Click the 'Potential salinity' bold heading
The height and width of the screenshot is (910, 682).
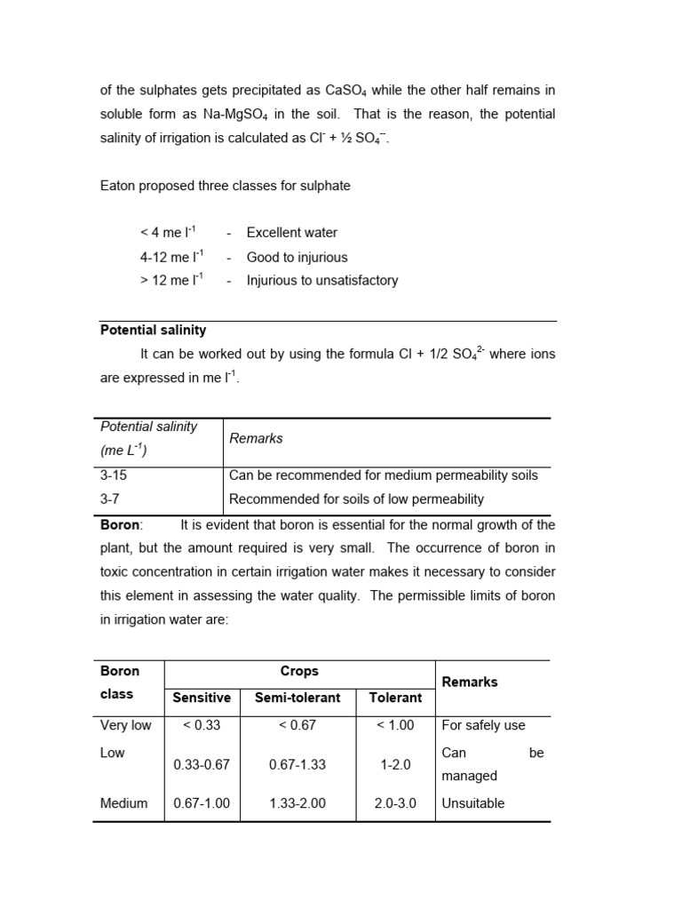[x=153, y=330]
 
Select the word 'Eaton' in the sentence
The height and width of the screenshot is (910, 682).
[x=118, y=186]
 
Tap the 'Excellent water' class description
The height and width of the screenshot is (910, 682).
[x=291, y=233]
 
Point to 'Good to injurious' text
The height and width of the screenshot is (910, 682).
[x=297, y=257]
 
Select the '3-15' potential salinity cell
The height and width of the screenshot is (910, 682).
[x=115, y=475]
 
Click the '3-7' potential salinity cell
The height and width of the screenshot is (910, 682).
[x=111, y=499]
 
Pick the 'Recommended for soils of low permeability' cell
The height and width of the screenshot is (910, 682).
[x=356, y=499]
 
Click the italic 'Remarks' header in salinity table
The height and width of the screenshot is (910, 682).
[x=256, y=438]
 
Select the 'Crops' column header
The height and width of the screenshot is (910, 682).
[x=299, y=672]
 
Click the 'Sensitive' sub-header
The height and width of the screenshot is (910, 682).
[x=202, y=698]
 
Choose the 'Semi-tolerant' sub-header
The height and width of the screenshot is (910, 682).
[x=297, y=698]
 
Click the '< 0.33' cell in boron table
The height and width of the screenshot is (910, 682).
[x=202, y=725]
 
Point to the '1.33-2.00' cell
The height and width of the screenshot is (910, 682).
[x=297, y=803]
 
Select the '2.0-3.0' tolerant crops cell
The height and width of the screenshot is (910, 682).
[x=395, y=803]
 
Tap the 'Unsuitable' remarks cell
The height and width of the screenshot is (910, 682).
[x=472, y=803]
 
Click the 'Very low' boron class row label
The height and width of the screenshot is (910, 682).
[x=126, y=725]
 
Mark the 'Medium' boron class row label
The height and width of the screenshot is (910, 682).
[x=124, y=803]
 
